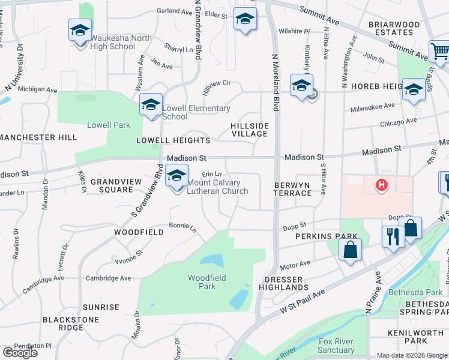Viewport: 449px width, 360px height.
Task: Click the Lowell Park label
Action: [x=109, y=125]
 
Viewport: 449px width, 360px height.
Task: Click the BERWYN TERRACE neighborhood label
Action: [x=293, y=189]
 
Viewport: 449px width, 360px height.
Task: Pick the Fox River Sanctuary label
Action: [x=336, y=346]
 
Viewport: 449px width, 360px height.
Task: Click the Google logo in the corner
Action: [x=20, y=353]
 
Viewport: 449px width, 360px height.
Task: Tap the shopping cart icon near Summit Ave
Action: [x=439, y=51]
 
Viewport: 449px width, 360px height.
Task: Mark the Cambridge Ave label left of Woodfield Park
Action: [x=108, y=278]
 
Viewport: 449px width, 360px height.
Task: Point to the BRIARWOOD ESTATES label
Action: [x=394, y=28]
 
